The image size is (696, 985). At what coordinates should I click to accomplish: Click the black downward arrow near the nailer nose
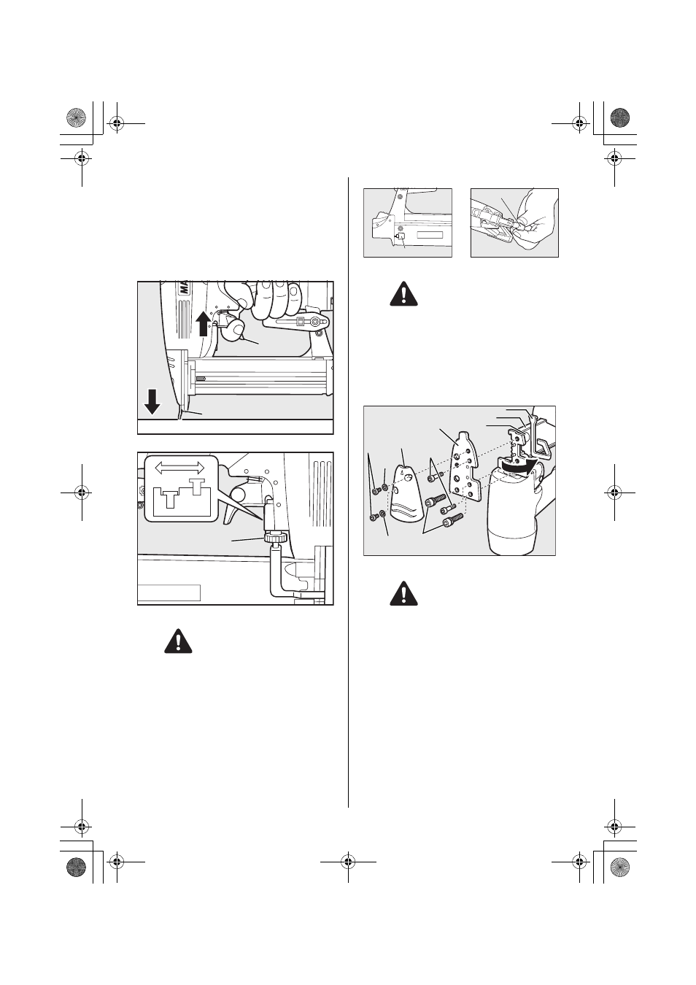[x=152, y=401]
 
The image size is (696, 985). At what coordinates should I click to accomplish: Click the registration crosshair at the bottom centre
[x=348, y=862]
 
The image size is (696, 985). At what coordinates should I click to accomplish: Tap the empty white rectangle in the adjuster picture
[x=169, y=592]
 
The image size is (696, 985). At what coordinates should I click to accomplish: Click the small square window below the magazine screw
[x=399, y=236]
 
